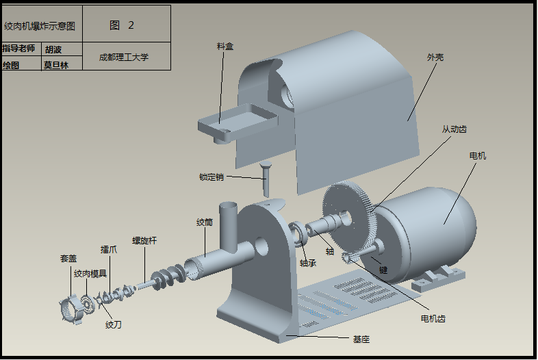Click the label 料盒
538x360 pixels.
click(225, 46)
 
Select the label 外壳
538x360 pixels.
click(435, 57)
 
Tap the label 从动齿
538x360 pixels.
click(454, 129)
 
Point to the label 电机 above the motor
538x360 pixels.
click(477, 156)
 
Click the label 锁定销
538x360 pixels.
click(211, 177)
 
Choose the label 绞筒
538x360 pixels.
click(205, 222)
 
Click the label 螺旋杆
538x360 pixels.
click(144, 241)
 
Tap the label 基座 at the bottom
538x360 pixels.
click(361, 339)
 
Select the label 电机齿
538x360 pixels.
click(433, 319)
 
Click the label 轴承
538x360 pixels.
click(307, 263)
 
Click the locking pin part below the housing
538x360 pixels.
click(266, 179)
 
